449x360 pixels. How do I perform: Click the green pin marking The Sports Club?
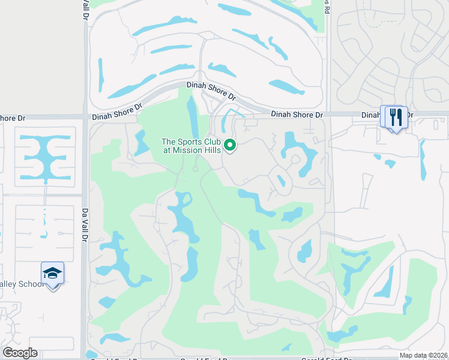click(x=229, y=145)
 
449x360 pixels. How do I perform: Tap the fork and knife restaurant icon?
click(x=396, y=116)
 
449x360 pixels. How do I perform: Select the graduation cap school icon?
click(x=53, y=274)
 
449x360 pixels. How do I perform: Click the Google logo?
click(x=20, y=353)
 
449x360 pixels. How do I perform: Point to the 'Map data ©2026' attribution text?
click(x=424, y=356)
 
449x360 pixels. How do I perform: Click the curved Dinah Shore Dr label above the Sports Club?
click(x=211, y=91)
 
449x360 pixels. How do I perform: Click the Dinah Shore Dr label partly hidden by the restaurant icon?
click(x=372, y=115)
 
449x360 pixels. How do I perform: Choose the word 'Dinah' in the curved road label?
click(x=196, y=86)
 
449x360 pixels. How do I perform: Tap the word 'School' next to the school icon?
click(x=32, y=284)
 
